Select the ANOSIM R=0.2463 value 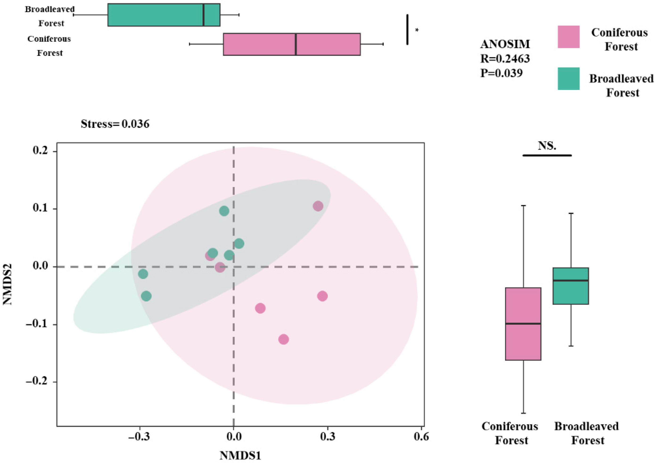[x=505, y=59]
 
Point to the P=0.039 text [x=501, y=73]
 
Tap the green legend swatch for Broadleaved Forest [x=568, y=79]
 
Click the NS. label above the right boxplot [x=547, y=146]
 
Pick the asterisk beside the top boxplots [x=417, y=30]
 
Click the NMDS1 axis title [x=240, y=455]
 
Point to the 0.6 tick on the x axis [x=421, y=436]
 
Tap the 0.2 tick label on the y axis [x=40, y=150]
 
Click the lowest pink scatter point [x=283, y=339]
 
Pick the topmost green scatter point [x=224, y=211]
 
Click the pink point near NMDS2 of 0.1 [x=318, y=206]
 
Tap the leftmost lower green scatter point [x=146, y=296]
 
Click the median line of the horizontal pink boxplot [x=296, y=44]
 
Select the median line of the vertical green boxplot [x=571, y=280]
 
